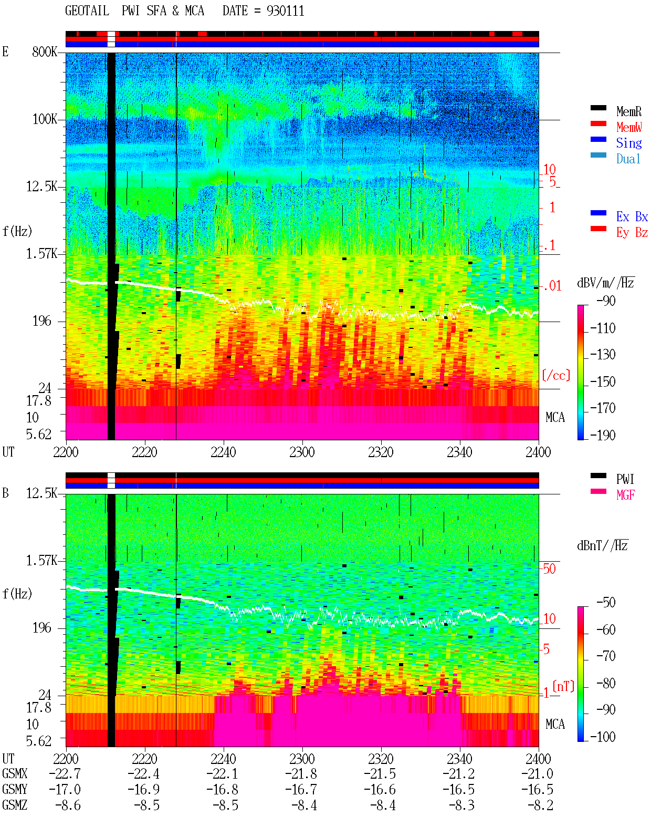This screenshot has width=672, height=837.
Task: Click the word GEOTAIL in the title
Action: click(87, 11)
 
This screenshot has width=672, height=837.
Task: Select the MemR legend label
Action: click(629, 111)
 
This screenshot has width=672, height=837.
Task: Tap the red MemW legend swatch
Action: click(598, 123)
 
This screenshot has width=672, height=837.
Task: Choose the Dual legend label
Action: click(628, 159)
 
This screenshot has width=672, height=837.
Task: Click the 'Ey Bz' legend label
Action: click(632, 232)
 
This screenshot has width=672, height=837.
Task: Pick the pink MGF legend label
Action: click(625, 495)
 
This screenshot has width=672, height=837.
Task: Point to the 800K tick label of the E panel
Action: click(45, 51)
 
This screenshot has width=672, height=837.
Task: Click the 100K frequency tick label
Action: click(45, 119)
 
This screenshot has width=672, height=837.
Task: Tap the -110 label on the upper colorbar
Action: click(603, 328)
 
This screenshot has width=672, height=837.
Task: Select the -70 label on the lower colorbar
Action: click(606, 656)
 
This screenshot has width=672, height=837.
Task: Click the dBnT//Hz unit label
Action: click(602, 545)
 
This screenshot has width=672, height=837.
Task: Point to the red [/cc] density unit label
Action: click(556, 375)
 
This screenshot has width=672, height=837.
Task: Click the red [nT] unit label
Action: click(563, 686)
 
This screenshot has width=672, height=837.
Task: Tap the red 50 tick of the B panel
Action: click(549, 569)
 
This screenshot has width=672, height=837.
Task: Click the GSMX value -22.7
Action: click(65, 773)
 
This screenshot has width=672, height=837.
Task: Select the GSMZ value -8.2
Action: click(540, 805)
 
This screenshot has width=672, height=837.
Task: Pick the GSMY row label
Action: click(15, 789)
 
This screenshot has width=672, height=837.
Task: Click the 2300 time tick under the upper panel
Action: click(302, 452)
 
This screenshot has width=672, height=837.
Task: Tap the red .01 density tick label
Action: click(552, 286)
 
